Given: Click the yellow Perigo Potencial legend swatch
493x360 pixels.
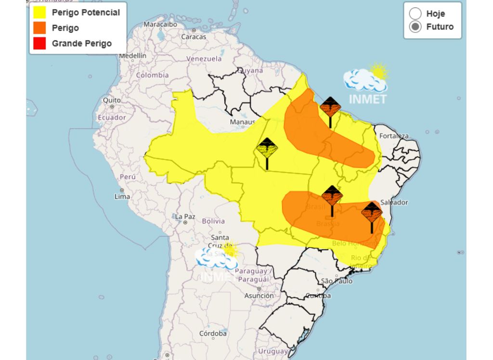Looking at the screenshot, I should point(39,13).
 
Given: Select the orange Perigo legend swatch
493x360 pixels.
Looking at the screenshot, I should point(39,28).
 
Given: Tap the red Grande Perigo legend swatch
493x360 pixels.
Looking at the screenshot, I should point(39,43).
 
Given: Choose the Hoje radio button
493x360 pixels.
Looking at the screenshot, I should point(415,13).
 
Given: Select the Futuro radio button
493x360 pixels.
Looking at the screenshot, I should point(415,27).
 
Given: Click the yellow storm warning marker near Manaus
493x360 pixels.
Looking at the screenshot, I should point(267,148).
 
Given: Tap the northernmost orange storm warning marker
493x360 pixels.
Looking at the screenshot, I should point(330,107).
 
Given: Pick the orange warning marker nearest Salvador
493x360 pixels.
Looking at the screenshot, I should point(372,212).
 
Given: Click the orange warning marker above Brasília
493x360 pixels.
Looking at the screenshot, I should point(332,196).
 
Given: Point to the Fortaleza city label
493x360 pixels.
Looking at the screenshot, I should point(393,136).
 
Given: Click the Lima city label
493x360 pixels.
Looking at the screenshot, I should point(122,196).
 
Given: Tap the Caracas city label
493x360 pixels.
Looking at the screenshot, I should point(194,37).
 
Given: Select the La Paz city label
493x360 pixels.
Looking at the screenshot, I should point(185,217).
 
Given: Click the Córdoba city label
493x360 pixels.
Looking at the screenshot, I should point(213,333).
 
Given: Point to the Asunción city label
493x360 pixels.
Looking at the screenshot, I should point(259,296).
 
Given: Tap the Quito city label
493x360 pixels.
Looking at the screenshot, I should point(112,100).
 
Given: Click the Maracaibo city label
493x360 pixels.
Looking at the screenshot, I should point(160,24).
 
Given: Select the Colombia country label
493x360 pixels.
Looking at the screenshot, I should point(152,75).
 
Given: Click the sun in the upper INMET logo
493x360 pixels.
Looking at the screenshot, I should point(378,72).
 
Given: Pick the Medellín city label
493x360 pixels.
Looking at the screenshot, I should point(132,56).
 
